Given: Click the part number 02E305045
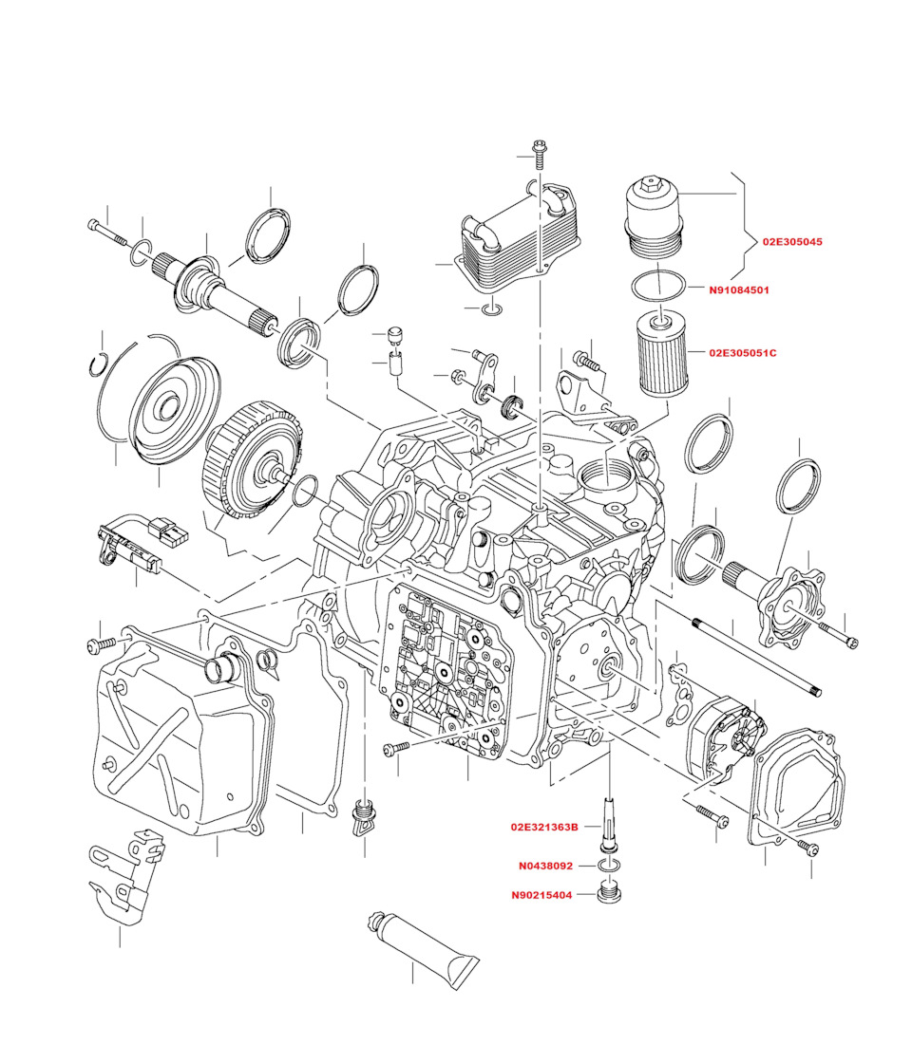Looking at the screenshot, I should pyautogui.click(x=792, y=242).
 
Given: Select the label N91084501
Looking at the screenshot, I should pyautogui.click(x=738, y=290).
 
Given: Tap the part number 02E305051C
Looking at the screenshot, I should pyautogui.click(x=742, y=353).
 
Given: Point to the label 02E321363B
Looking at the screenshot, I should pyautogui.click(x=543, y=827).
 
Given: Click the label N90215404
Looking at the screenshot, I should pyautogui.click(x=541, y=895).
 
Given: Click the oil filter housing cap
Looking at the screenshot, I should pyautogui.click(x=655, y=218).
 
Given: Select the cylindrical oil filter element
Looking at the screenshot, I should pyautogui.click(x=656, y=353).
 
